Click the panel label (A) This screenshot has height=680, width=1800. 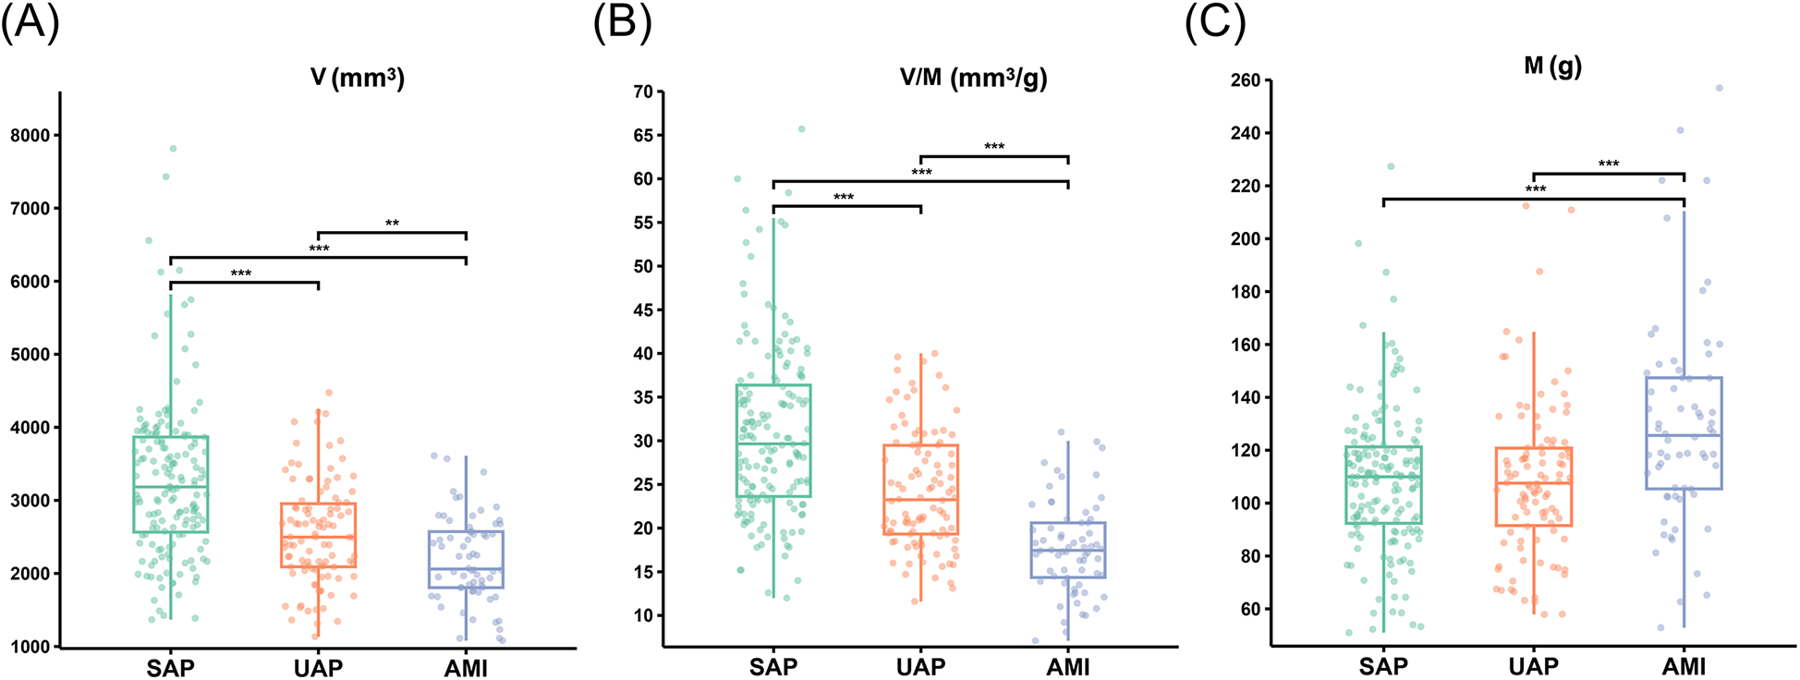(30, 22)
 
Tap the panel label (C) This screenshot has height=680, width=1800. (1214, 22)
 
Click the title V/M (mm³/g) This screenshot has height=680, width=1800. (973, 78)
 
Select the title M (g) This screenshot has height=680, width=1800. (1552, 67)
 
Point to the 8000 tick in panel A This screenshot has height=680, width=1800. (30, 135)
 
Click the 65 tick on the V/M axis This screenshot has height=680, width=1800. (641, 135)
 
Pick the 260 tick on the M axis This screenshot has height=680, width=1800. (1246, 80)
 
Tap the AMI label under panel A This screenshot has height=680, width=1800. (466, 667)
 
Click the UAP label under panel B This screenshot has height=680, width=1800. (920, 667)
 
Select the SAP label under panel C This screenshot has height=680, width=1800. (1383, 665)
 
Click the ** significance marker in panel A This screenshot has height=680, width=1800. (392, 223)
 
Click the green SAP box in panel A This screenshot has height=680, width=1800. (170, 484)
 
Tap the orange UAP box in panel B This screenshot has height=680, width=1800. (920, 490)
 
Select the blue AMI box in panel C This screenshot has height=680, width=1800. (1684, 432)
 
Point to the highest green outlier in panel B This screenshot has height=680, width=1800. (801, 129)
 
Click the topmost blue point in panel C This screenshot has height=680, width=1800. (1719, 89)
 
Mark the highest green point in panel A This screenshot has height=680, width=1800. (173, 149)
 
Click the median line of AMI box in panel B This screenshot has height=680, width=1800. (1068, 551)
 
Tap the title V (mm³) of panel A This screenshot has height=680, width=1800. (357, 78)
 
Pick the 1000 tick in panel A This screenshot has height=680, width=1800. (30, 647)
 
